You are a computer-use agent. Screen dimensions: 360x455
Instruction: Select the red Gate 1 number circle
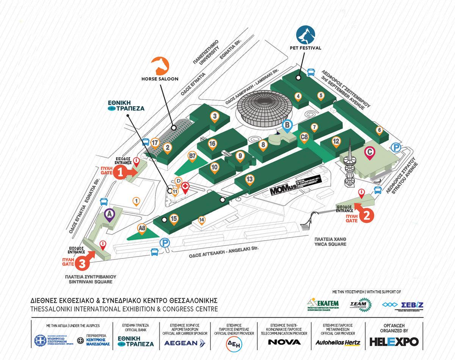pyautogui.click(x=120, y=172)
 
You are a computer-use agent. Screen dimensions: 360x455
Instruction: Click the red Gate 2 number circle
pyautogui.click(x=366, y=215)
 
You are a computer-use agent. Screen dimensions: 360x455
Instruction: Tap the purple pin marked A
pyautogui.click(x=110, y=215)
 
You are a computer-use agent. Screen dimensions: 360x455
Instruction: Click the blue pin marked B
pyautogui.click(x=287, y=125)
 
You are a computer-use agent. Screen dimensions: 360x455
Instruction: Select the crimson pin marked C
pyautogui.click(x=370, y=152)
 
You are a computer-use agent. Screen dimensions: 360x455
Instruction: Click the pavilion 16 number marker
pyautogui.click(x=212, y=144)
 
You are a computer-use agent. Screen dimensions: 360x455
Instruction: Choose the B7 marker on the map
pyautogui.click(x=193, y=155)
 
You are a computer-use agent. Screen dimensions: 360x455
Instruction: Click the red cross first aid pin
pyautogui.click(x=185, y=187)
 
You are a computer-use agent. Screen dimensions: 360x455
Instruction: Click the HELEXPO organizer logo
pyautogui.click(x=394, y=341)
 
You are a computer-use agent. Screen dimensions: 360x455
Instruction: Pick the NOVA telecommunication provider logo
pyautogui.click(x=284, y=342)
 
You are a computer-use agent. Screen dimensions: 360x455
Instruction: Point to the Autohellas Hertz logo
pyautogui.click(x=338, y=343)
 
